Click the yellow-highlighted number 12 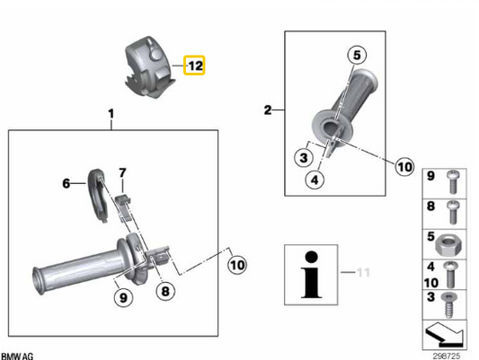[x=195, y=66]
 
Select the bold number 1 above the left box [x=111, y=114]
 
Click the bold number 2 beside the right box [x=267, y=110]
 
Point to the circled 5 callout [x=357, y=55]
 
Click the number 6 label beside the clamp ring [x=67, y=183]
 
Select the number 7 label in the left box [x=123, y=172]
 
